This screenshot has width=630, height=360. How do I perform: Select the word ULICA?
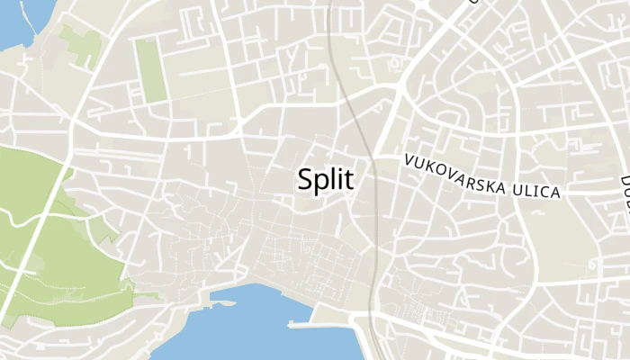(x=535, y=190)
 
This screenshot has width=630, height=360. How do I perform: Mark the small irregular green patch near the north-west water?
(x=83, y=45)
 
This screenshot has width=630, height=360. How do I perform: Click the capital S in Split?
(x=305, y=179)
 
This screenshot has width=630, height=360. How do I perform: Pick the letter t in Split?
(x=348, y=179)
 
